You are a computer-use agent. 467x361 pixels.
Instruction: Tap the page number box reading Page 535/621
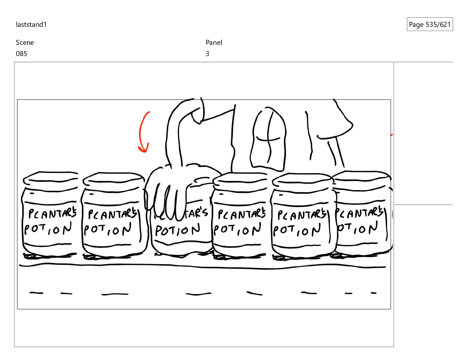pyautogui.click(x=430, y=24)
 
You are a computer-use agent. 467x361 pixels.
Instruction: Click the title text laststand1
pyautogui.click(x=31, y=24)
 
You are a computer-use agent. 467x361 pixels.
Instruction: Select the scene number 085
pyautogui.click(x=22, y=54)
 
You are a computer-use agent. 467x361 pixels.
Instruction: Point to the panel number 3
pyautogui.click(x=207, y=54)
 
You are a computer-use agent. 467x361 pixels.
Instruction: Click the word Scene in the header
pyautogui.click(x=25, y=42)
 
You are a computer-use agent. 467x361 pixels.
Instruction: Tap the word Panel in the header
pyautogui.click(x=214, y=42)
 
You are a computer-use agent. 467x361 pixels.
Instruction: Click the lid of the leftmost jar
pyautogui.click(x=50, y=178)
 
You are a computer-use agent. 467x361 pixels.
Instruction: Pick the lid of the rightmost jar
pyautogui.click(x=361, y=178)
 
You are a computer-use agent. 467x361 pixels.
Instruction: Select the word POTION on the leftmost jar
pyautogui.click(x=48, y=229)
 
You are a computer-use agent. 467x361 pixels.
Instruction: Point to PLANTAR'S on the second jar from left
pyautogui.click(x=112, y=214)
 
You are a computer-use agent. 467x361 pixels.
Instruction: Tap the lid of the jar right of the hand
pyautogui.click(x=240, y=179)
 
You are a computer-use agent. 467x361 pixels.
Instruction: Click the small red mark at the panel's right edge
pyautogui.click(x=391, y=134)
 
